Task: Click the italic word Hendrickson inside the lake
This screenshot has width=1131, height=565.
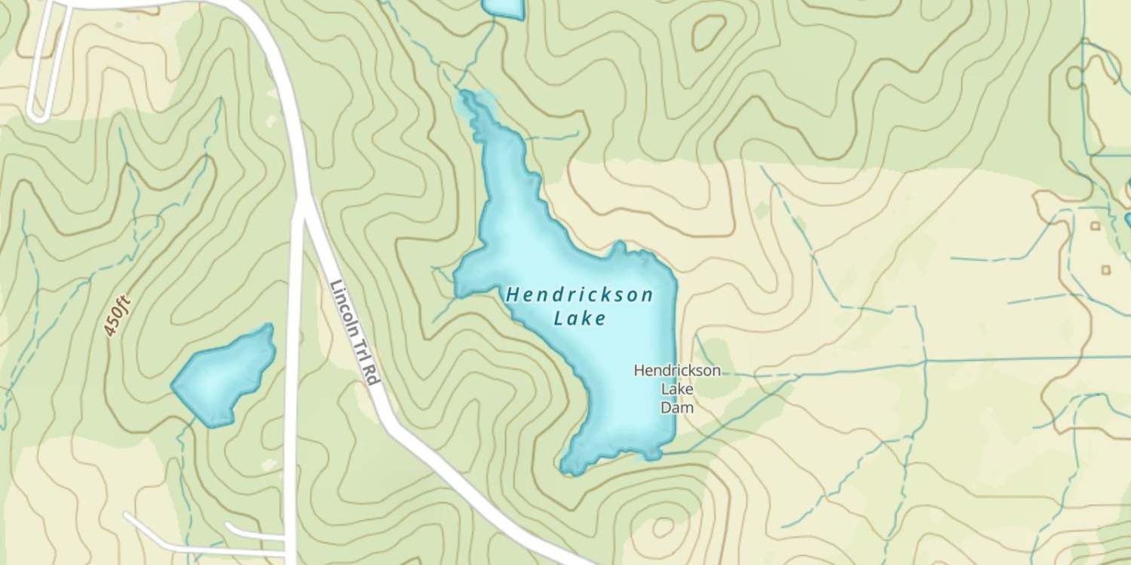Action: point(579,295)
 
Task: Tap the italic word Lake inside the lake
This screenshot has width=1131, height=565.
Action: point(579,319)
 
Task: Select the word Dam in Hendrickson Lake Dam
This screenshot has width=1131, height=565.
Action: point(676,408)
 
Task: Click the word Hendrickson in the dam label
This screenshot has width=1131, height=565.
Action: point(676,371)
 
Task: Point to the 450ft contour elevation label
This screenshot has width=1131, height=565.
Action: point(118,316)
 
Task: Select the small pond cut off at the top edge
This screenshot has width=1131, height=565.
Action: point(503,8)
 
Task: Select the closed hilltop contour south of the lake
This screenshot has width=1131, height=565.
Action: point(662,527)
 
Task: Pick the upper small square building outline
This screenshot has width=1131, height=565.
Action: point(1095,225)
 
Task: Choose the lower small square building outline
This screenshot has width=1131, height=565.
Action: point(1105,270)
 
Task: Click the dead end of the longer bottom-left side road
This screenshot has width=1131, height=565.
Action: point(127,516)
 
